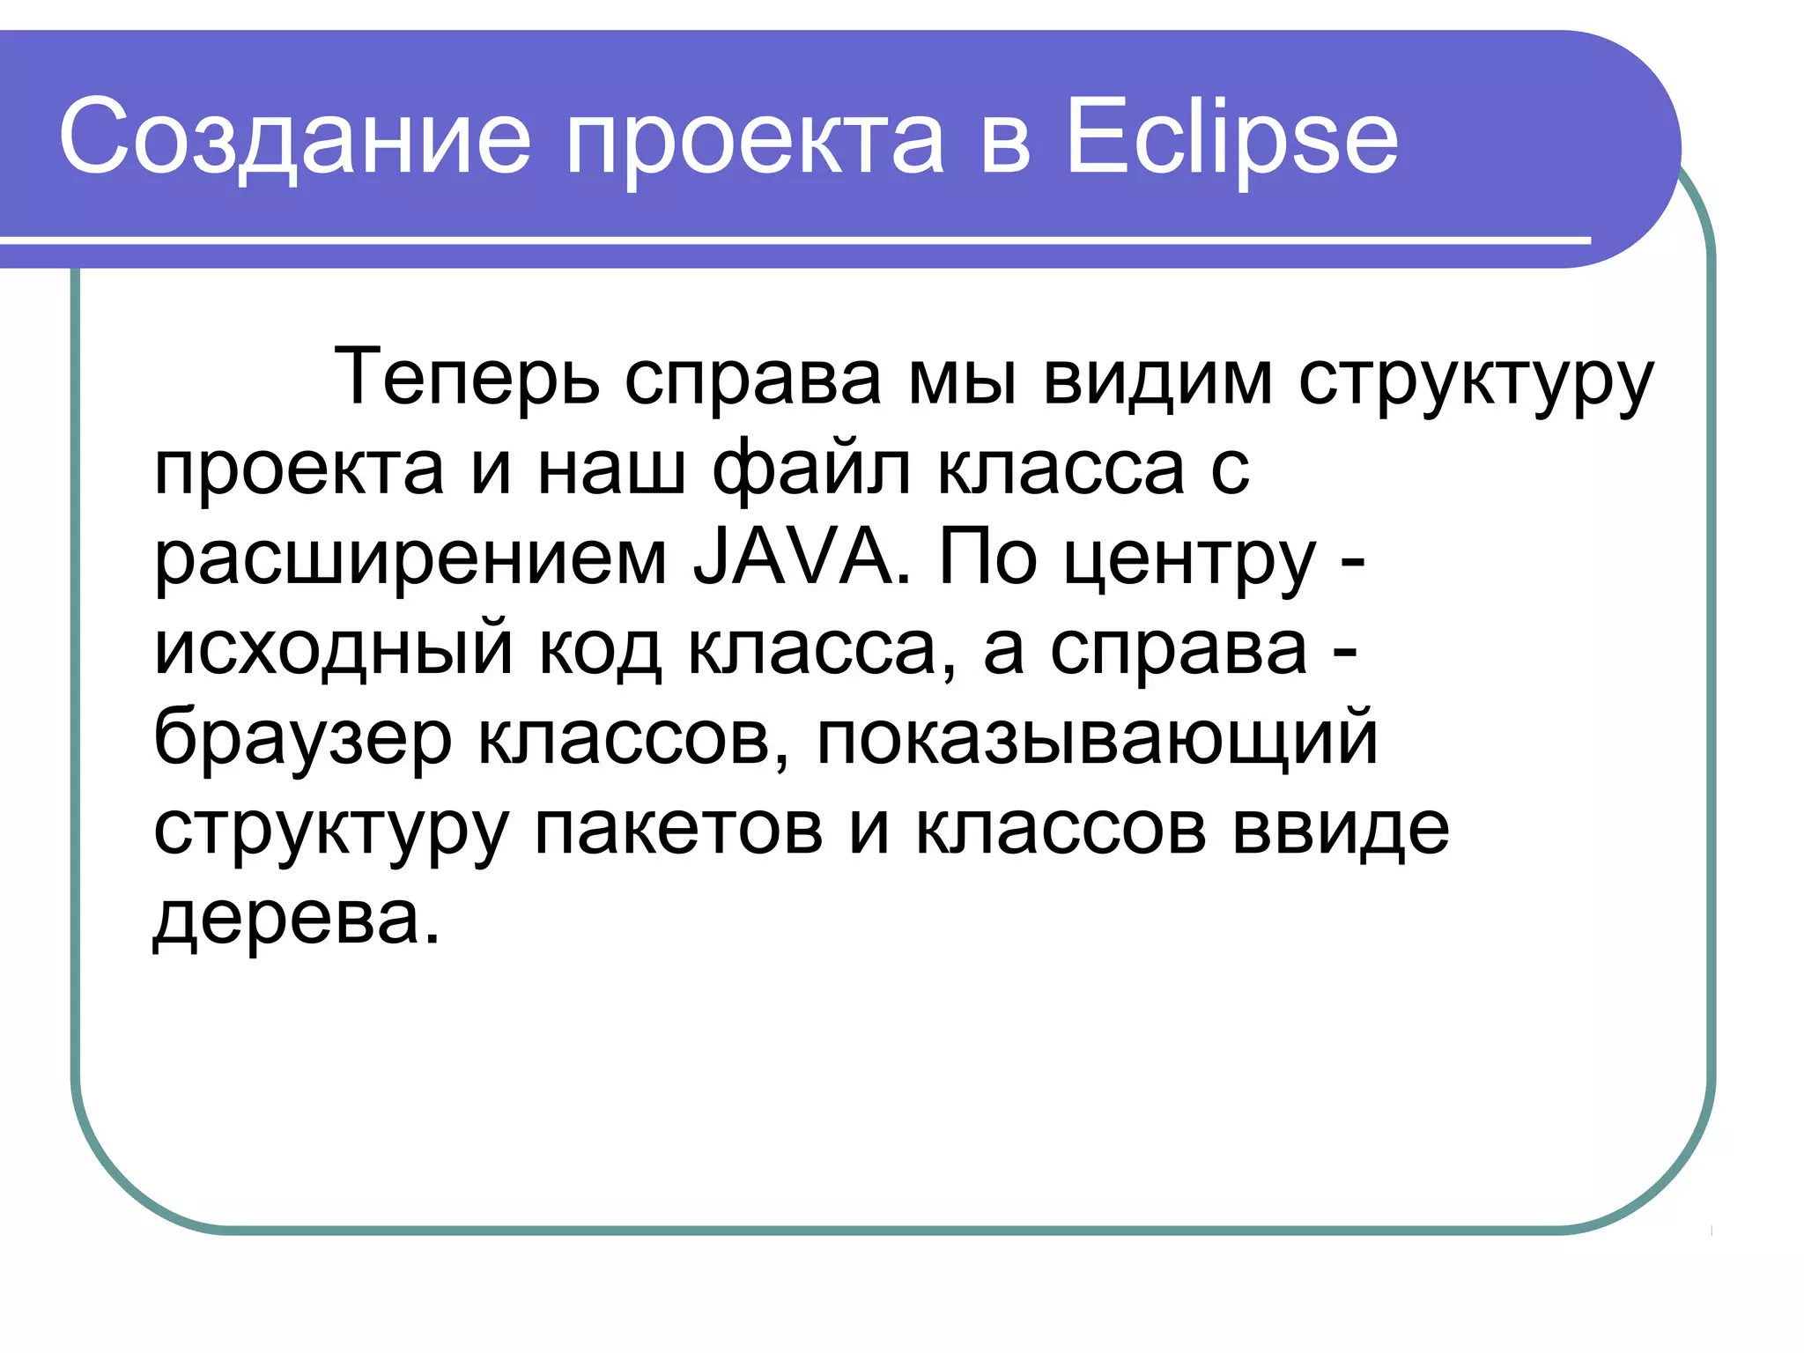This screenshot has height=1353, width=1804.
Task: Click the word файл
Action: pyautogui.click(x=811, y=469)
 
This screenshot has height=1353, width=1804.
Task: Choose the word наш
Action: pyautogui.click(x=611, y=469)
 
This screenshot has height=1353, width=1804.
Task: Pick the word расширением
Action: pyautogui.click(x=410, y=560)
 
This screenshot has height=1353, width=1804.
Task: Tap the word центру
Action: pyautogui.click(x=1190, y=560)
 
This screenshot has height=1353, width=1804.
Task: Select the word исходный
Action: pyautogui.click(x=333, y=649)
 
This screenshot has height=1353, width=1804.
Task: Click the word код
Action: pyautogui.click(x=600, y=649)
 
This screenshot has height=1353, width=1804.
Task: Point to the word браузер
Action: pyautogui.click(x=303, y=740)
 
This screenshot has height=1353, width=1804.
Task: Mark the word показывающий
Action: pyautogui.click(x=1097, y=740)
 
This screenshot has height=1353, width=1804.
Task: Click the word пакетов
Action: pyautogui.click(x=678, y=830)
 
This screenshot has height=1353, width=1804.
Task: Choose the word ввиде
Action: pyautogui.click(x=1340, y=830)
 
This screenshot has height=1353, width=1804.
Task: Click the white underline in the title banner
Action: pyautogui.click(x=793, y=240)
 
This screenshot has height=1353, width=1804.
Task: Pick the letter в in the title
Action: pyautogui.click(x=1004, y=141)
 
